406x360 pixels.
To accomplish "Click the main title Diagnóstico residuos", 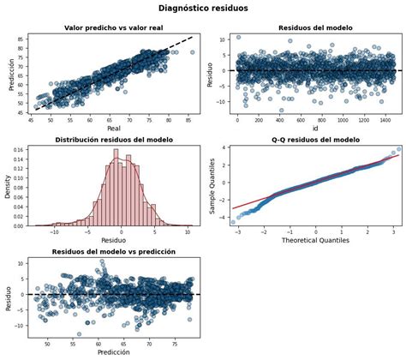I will [x=203, y=9].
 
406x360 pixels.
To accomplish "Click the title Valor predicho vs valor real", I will [x=114, y=27].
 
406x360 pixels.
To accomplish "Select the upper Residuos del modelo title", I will [x=309, y=27].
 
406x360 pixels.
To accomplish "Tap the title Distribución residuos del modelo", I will [x=114, y=140].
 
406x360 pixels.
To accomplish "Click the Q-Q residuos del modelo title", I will [x=309, y=140].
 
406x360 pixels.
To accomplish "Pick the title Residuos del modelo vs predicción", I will [x=114, y=252].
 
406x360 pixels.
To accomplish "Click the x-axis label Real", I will [x=114, y=128].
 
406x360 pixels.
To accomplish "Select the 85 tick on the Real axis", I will [x=188, y=118].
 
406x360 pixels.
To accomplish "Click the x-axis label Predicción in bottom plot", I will [x=114, y=351].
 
